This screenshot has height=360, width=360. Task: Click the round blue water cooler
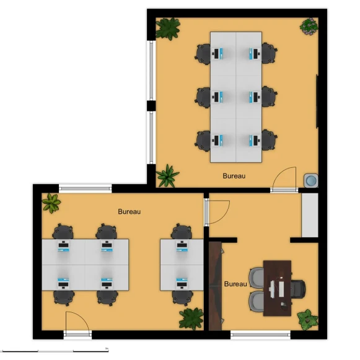click(311, 180)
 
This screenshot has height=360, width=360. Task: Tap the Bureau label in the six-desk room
click(234, 176)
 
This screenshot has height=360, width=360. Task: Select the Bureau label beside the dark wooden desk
click(235, 284)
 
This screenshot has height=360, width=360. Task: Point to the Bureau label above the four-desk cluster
click(130, 211)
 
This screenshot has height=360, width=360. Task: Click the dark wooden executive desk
click(278, 288)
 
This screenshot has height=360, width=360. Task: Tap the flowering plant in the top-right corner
click(309, 27)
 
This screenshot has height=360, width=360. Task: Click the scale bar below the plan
click(55, 351)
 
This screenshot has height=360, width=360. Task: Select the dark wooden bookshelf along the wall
click(216, 286)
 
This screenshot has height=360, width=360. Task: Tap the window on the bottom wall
click(260, 335)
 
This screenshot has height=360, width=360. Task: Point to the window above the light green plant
click(85, 188)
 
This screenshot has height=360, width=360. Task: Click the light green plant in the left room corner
click(51, 203)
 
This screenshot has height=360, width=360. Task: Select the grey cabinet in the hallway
click(310, 215)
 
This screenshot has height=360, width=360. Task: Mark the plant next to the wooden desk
click(308, 319)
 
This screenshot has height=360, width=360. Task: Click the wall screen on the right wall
click(317, 101)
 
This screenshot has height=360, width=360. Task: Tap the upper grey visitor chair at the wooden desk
click(257, 277)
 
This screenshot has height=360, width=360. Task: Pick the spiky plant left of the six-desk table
click(167, 175)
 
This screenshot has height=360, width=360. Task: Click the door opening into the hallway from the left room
click(217, 213)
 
